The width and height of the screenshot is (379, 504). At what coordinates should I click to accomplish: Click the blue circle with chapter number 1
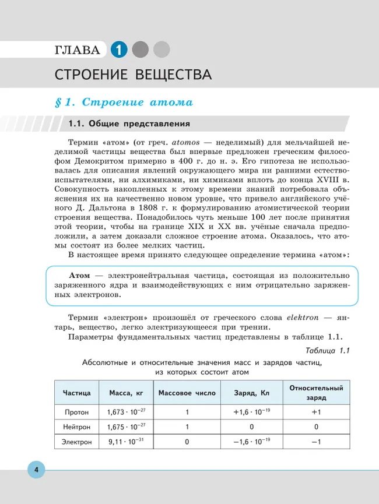coord(118,50)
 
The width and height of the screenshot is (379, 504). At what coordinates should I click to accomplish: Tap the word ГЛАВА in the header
coord(77,50)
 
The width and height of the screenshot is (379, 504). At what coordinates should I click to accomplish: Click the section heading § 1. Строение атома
coord(123,103)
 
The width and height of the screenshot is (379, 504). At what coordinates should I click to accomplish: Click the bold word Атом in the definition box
coord(80,275)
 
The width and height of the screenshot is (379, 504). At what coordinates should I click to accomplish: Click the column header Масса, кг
coord(126,393)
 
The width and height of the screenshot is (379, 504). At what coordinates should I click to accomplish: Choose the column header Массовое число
coord(187,393)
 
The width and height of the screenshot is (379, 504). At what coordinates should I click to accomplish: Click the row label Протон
coord(77,413)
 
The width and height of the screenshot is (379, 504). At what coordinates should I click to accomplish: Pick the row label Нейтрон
coord(77,427)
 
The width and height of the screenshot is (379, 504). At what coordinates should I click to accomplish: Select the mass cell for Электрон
coord(126,442)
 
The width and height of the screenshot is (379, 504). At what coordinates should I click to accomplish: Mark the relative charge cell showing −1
coord(316,442)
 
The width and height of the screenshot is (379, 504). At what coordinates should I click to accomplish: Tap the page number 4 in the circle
coord(36,470)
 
